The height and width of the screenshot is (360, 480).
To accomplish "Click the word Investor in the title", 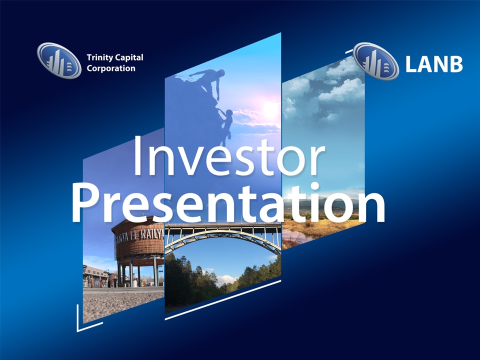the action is click(228, 155).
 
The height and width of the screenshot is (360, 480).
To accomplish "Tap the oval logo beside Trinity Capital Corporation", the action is click(59, 60).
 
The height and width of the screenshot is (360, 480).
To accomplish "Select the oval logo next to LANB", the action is click(376, 61).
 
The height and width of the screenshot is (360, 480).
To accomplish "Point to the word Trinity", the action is click(98, 57).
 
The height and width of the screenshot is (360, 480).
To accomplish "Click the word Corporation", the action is click(111, 68).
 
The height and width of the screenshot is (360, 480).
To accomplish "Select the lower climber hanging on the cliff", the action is click(226, 124).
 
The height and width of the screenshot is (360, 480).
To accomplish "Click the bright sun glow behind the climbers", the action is click(269, 109).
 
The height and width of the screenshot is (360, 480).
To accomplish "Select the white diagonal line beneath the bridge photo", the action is click(223, 300).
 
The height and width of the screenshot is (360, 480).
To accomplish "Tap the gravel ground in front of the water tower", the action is click(122, 303).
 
